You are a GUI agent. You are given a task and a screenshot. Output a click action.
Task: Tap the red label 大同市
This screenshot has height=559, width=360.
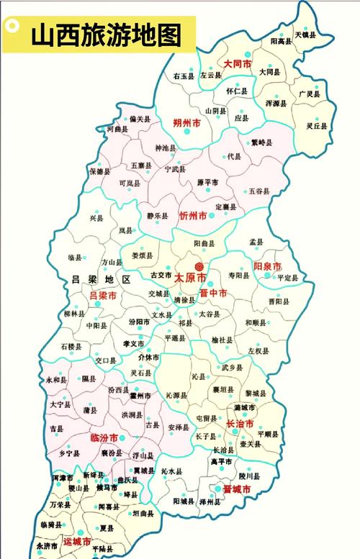[x=237, y=64]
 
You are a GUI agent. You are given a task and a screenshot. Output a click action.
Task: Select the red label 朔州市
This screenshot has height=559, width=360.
[x=187, y=123]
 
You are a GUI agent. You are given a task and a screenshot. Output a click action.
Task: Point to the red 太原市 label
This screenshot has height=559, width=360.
[x=190, y=278]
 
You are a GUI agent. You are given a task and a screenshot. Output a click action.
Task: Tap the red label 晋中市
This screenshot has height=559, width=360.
[x=213, y=293]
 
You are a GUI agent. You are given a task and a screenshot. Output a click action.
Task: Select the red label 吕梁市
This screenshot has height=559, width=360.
[x=102, y=296]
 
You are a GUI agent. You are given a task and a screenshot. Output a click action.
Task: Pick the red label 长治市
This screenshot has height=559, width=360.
[x=240, y=424]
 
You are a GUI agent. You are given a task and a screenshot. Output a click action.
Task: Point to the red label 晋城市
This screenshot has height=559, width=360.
[x=236, y=489]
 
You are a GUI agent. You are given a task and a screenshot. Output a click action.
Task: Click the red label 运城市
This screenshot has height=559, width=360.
[x=77, y=541]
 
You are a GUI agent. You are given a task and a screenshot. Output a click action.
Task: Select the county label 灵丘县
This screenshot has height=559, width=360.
[x=317, y=126]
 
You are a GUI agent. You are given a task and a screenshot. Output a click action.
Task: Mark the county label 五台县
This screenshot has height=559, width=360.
[x=258, y=191]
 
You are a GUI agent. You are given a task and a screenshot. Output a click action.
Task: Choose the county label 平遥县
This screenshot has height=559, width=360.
[x=175, y=337]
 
